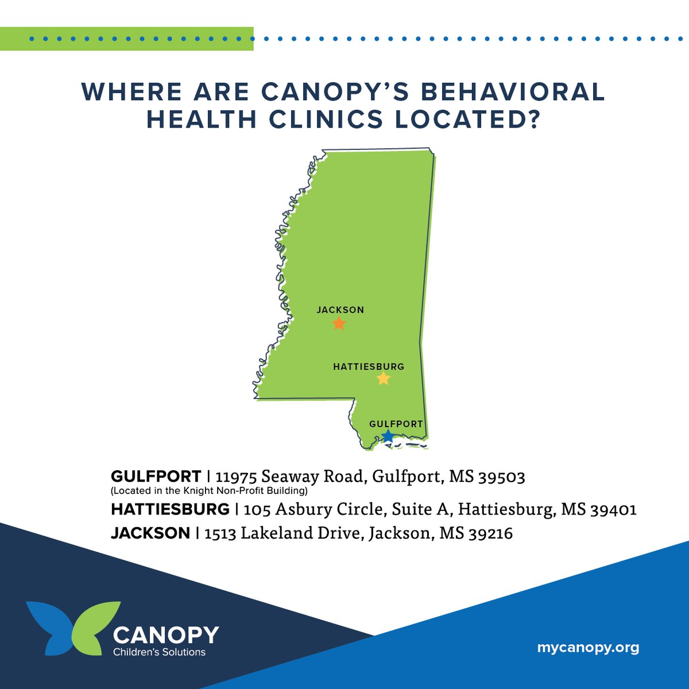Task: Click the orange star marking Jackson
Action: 339,324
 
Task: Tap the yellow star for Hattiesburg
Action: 384,378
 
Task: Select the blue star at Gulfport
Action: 388,436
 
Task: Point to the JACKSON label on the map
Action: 340,310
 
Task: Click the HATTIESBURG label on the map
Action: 369,366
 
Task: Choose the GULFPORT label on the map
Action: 396,424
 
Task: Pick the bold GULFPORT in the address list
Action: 156,477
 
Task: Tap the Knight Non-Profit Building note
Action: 210,491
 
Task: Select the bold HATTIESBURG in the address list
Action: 170,509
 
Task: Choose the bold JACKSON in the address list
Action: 150,533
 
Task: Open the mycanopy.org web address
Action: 588,648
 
